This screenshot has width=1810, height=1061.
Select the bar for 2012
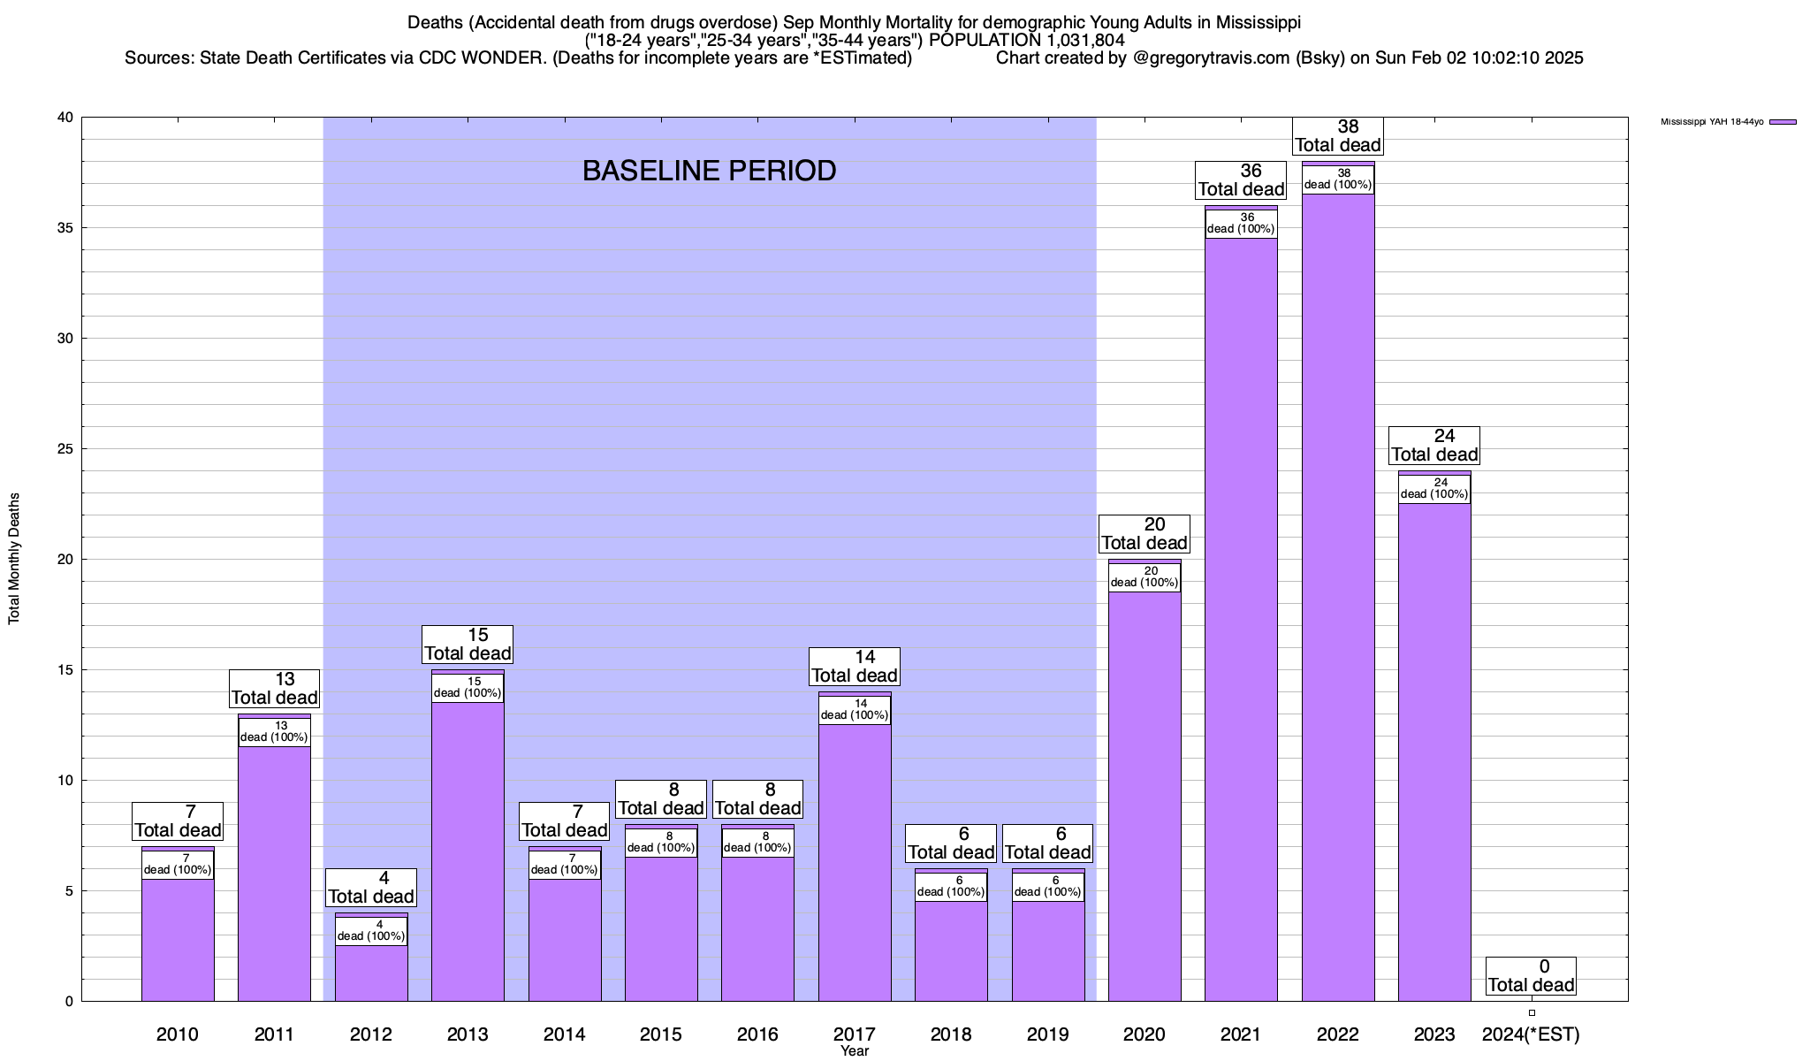371,973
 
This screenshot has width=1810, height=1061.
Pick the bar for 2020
1145,796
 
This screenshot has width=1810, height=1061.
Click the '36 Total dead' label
1241,180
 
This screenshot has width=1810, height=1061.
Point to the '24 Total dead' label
1434,446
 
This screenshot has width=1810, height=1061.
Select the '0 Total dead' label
1531,976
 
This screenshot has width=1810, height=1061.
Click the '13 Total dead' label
274,689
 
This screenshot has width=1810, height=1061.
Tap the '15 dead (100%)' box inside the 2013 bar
468,688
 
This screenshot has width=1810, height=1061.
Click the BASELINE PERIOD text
709,171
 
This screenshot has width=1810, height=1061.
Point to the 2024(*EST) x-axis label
1531,1034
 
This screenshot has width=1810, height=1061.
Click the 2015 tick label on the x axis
661,1034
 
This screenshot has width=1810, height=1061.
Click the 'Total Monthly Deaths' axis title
14,559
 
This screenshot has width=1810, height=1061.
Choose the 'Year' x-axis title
855,1051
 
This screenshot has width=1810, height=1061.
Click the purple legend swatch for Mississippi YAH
1782,122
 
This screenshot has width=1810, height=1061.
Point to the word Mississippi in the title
1251,22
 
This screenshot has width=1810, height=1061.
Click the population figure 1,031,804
1076,40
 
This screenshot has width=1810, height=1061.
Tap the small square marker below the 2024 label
1532,1013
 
